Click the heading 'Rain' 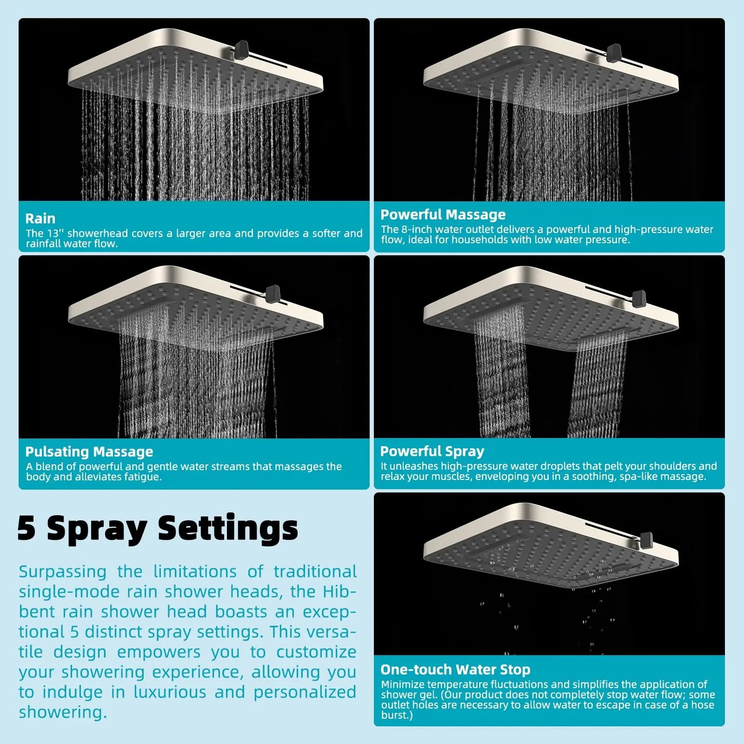pyautogui.click(x=40, y=219)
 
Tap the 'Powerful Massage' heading pyautogui.click(x=443, y=214)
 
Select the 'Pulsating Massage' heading pyautogui.click(x=89, y=452)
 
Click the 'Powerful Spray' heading pyautogui.click(x=432, y=451)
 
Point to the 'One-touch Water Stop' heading pyautogui.click(x=455, y=669)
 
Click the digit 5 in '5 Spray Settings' pyautogui.click(x=27, y=528)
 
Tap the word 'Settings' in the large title pyautogui.click(x=228, y=529)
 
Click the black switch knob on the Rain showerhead pyautogui.click(x=241, y=48)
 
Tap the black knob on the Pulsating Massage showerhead pyautogui.click(x=273, y=293)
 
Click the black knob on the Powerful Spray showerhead pyautogui.click(x=639, y=298)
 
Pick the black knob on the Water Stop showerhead pyautogui.click(x=646, y=540)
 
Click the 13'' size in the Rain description pyautogui.click(x=55, y=233)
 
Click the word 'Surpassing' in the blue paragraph pyautogui.click(x=62, y=571)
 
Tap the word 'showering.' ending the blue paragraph pyautogui.click(x=63, y=712)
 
